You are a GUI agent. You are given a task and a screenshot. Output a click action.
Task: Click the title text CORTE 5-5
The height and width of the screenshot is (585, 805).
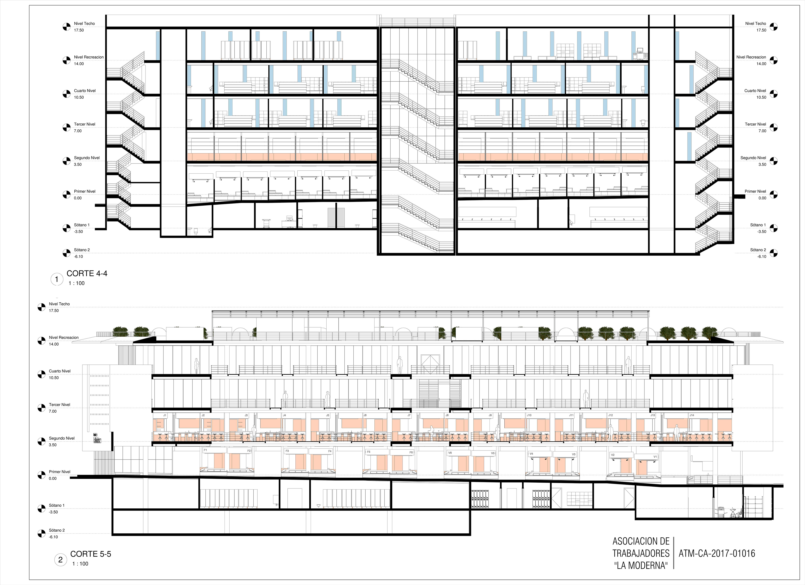pos(91,554)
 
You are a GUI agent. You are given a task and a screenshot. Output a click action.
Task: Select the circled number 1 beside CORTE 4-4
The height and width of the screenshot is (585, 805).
pos(57,279)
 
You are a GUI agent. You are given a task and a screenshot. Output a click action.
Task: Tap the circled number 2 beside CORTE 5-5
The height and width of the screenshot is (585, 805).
pos(60,560)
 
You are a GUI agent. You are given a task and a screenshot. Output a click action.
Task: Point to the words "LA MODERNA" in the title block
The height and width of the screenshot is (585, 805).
pos(641,565)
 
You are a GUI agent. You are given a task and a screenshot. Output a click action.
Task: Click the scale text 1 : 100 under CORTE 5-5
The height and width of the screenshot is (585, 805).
pos(80,564)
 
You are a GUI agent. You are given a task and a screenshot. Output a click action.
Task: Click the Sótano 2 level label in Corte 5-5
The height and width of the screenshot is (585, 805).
pos(57,530)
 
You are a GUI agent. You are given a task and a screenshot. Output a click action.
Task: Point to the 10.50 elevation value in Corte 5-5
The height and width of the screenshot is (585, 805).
pos(54,377)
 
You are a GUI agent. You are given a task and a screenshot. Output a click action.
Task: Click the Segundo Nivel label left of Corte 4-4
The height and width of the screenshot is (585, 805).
pos(87,158)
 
